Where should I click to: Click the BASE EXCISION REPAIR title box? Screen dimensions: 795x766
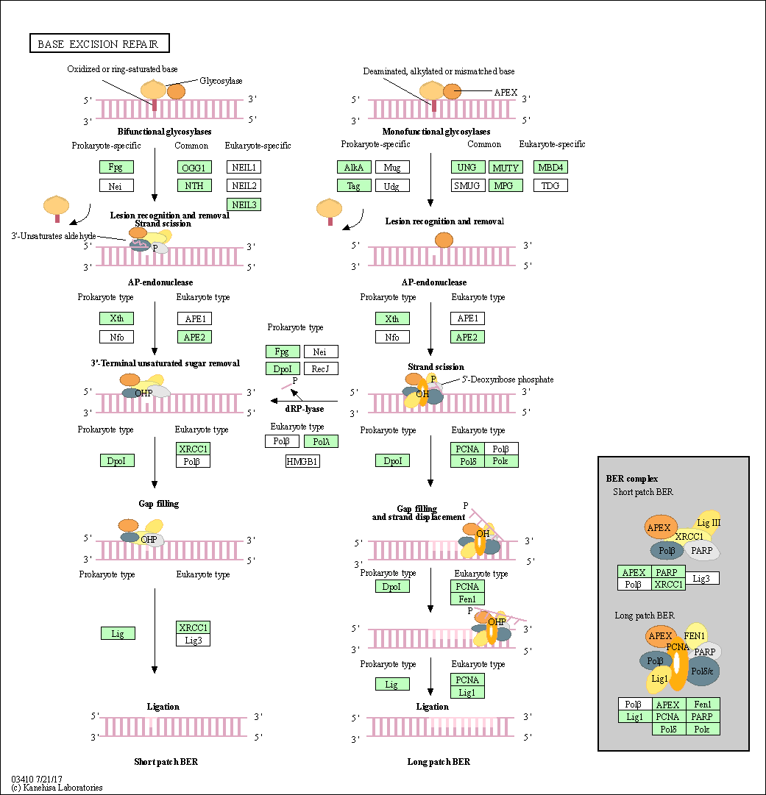(x=99, y=44)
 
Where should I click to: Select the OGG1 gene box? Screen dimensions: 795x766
(x=194, y=167)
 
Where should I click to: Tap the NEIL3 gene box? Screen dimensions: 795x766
(x=244, y=204)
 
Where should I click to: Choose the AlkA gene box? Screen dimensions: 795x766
(x=354, y=167)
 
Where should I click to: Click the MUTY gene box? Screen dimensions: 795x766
(x=506, y=167)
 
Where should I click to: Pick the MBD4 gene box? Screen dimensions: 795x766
(x=550, y=167)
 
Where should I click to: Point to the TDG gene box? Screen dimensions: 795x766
(x=550, y=185)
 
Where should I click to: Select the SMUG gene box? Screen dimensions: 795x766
(x=467, y=185)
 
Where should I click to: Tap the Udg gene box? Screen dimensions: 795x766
(x=391, y=185)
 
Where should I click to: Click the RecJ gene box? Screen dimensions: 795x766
(x=320, y=368)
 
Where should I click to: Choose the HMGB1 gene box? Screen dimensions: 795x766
(x=302, y=461)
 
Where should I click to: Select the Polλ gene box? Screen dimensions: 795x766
(x=320, y=441)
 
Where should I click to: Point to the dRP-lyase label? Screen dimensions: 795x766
(x=305, y=409)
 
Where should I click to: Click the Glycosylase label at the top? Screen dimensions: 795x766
(x=221, y=81)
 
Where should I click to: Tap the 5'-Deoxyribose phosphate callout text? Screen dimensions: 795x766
(x=508, y=379)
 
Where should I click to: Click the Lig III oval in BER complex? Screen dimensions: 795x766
(x=709, y=523)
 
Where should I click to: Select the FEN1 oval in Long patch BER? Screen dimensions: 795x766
(x=695, y=635)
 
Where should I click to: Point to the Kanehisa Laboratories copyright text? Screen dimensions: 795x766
(x=57, y=788)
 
